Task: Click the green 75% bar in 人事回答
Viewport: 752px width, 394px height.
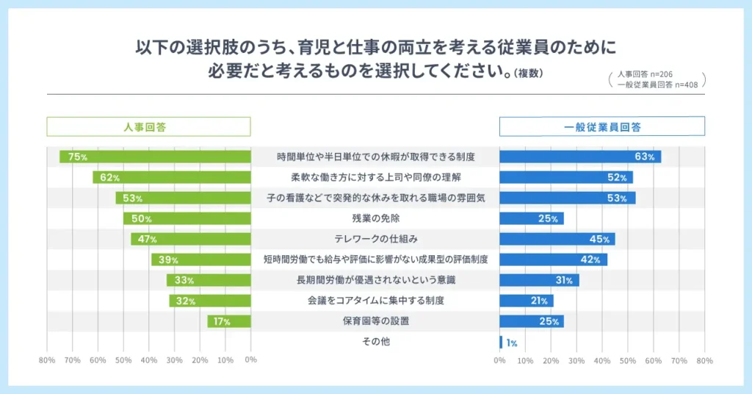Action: [x=155, y=157]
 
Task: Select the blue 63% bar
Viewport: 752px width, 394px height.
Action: [x=580, y=157]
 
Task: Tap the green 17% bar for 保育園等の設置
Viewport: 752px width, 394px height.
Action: [x=229, y=321]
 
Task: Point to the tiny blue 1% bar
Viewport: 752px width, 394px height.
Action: [x=501, y=342]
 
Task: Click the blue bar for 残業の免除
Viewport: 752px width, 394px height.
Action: [x=532, y=218]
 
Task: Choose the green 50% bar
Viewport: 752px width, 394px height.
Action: [x=187, y=218]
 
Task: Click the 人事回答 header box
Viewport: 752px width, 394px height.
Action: [x=149, y=127]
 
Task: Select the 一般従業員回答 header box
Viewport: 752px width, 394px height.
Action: [x=602, y=127]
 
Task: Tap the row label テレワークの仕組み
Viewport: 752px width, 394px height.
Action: [x=375, y=239]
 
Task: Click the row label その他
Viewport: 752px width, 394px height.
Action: [x=375, y=342]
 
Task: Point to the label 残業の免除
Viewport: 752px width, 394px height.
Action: [x=375, y=218]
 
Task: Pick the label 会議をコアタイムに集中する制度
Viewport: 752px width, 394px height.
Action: [x=375, y=301]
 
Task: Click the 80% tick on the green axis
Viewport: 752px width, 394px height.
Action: [x=47, y=360]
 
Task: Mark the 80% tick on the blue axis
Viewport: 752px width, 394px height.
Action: [x=704, y=361]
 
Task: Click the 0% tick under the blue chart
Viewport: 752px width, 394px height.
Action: [x=499, y=361]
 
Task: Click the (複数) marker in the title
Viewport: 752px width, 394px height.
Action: [x=528, y=73]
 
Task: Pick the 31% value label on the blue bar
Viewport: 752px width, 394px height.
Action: [x=564, y=280]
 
